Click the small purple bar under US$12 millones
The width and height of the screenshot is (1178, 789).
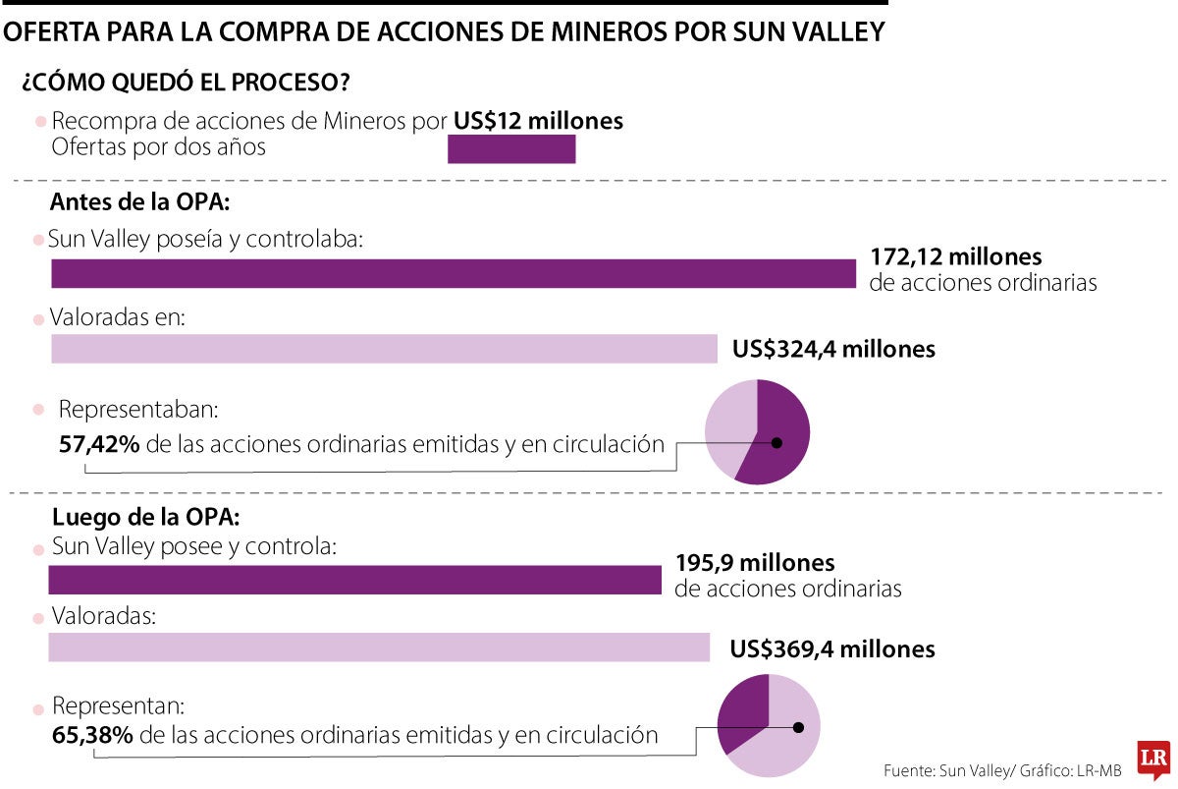click(x=510, y=149)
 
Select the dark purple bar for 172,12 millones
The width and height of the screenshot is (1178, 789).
click(x=454, y=273)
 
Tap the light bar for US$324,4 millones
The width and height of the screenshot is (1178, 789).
click(x=384, y=349)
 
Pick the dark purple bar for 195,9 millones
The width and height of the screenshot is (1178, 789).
click(x=354, y=580)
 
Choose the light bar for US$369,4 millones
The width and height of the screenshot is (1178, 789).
click(x=378, y=648)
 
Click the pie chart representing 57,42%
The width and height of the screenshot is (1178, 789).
click(x=757, y=432)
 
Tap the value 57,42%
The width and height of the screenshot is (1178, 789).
click(x=98, y=444)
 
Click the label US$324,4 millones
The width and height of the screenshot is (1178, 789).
click(x=833, y=349)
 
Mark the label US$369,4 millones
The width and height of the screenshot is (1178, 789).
click(x=832, y=649)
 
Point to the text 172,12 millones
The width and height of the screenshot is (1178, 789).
click(x=955, y=257)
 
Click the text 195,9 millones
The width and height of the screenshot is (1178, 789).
click(x=754, y=564)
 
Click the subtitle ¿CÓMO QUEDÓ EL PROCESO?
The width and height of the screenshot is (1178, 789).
click(x=186, y=83)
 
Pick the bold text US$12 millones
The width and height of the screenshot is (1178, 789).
click(x=538, y=121)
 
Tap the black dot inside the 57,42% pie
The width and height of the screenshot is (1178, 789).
click(x=776, y=443)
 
